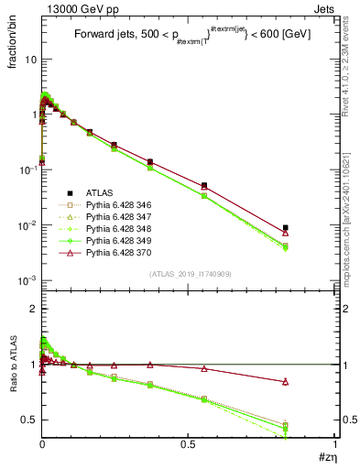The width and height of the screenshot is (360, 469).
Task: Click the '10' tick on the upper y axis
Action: (28, 59)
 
